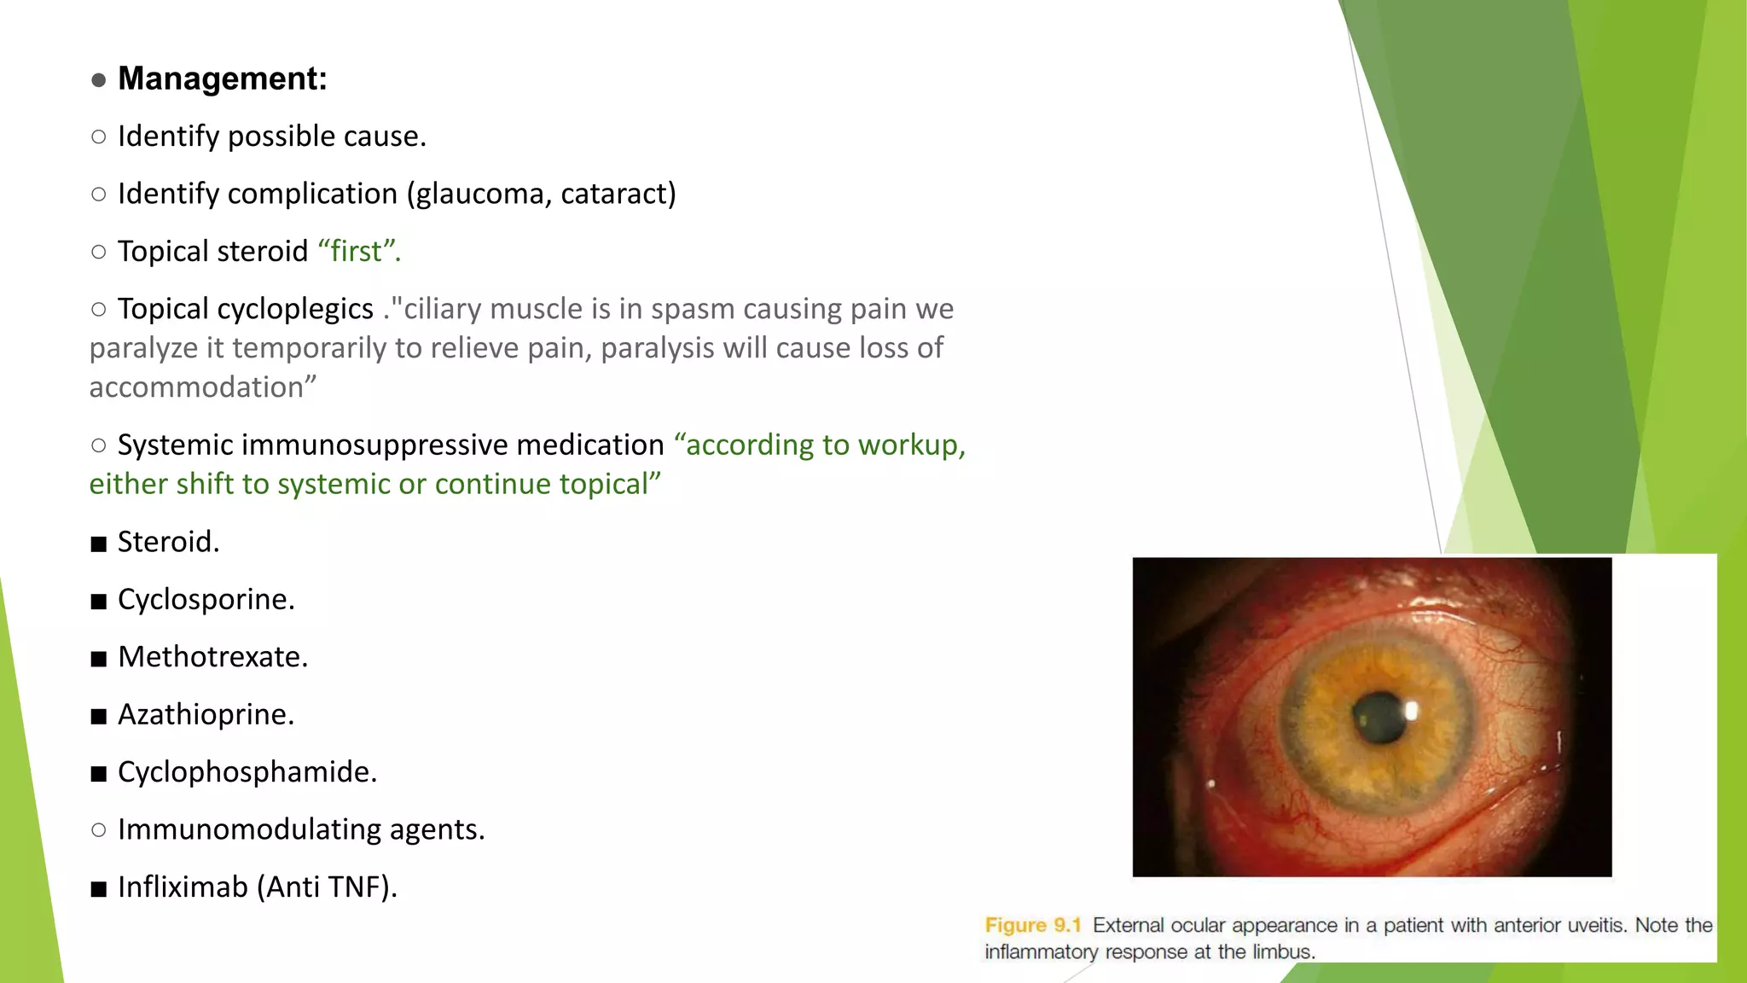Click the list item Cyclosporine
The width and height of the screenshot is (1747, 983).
pyautogui.click(x=206, y=600)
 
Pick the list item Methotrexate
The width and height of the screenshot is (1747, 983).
pyautogui.click(x=212, y=657)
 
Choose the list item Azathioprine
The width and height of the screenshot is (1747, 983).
pyautogui.click(x=206, y=715)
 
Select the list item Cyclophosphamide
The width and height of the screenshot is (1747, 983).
pyautogui.click(x=247, y=772)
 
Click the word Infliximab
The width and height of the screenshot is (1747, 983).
pyautogui.click(x=183, y=887)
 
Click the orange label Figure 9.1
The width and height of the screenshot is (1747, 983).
pyautogui.click(x=1032, y=926)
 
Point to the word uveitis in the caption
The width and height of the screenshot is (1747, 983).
pyautogui.click(x=1590, y=926)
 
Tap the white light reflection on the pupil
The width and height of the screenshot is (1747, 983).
pyautogui.click(x=1410, y=710)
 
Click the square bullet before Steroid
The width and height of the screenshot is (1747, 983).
pyautogui.click(x=99, y=544)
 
